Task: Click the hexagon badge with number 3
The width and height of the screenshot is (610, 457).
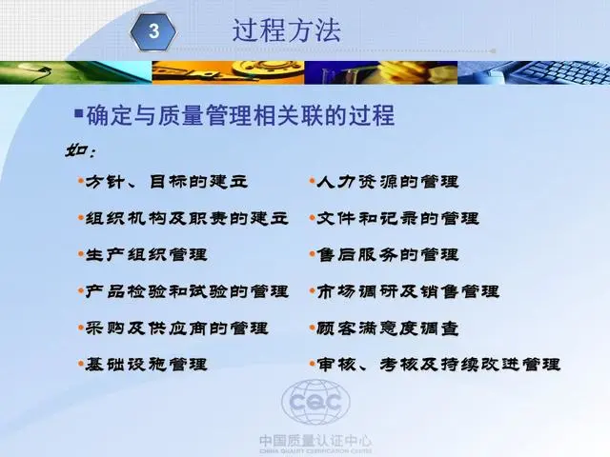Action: (x=153, y=31)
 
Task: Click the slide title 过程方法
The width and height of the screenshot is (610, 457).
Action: (x=287, y=30)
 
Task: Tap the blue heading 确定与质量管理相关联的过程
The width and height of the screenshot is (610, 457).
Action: (x=240, y=115)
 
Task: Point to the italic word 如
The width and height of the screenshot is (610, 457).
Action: (x=75, y=150)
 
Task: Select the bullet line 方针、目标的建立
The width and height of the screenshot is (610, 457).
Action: (x=166, y=182)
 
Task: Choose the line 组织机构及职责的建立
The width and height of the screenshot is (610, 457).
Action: (x=187, y=218)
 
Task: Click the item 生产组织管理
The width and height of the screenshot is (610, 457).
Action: (x=146, y=254)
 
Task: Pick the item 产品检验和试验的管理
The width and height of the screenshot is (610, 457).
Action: (x=187, y=291)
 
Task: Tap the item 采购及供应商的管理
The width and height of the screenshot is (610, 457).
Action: (x=176, y=328)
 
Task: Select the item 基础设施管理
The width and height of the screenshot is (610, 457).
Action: (x=146, y=365)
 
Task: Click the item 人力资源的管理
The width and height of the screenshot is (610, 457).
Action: (x=388, y=182)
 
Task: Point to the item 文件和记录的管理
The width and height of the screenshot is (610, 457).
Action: (x=397, y=218)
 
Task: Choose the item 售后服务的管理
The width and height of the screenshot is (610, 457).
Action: (x=388, y=254)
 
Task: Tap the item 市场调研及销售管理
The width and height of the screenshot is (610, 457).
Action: (x=408, y=291)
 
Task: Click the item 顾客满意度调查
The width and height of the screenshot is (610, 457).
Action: (x=388, y=328)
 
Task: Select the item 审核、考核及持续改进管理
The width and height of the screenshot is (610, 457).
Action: (x=438, y=365)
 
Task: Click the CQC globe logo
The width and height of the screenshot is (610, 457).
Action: (x=315, y=402)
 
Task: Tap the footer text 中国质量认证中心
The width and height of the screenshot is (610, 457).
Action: (x=315, y=441)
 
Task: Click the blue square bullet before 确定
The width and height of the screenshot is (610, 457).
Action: (x=78, y=113)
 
